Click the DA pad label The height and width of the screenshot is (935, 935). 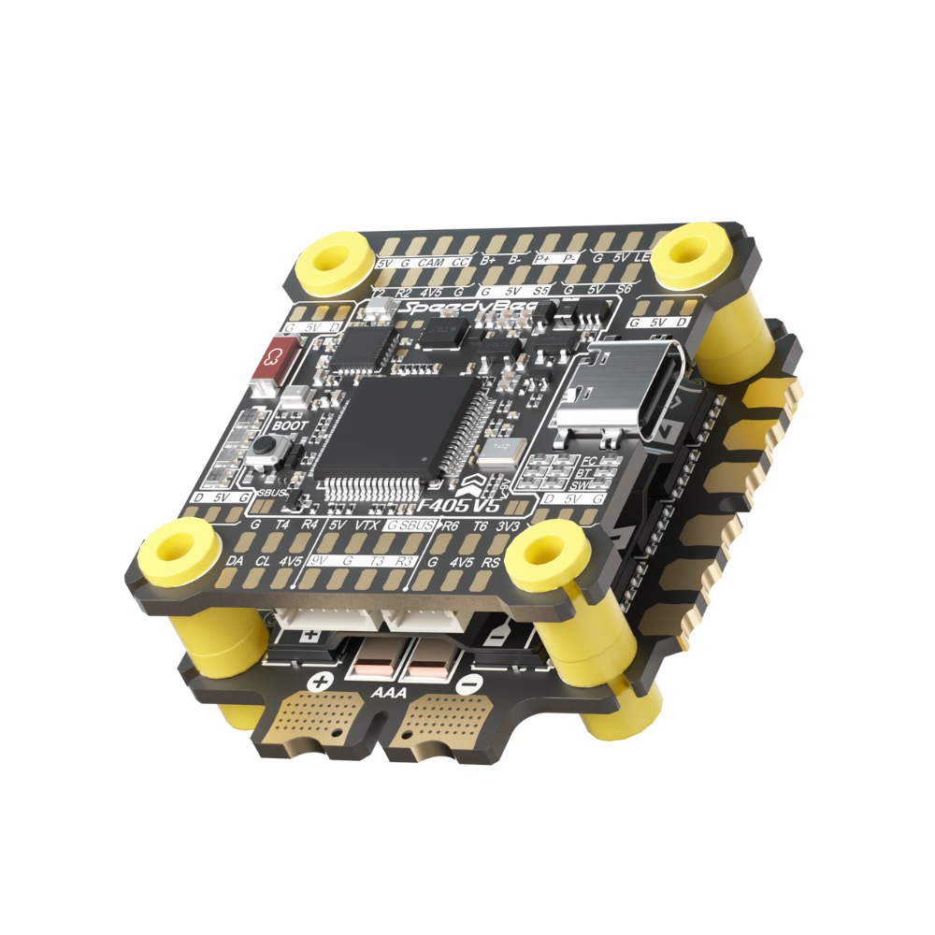click(237, 561)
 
